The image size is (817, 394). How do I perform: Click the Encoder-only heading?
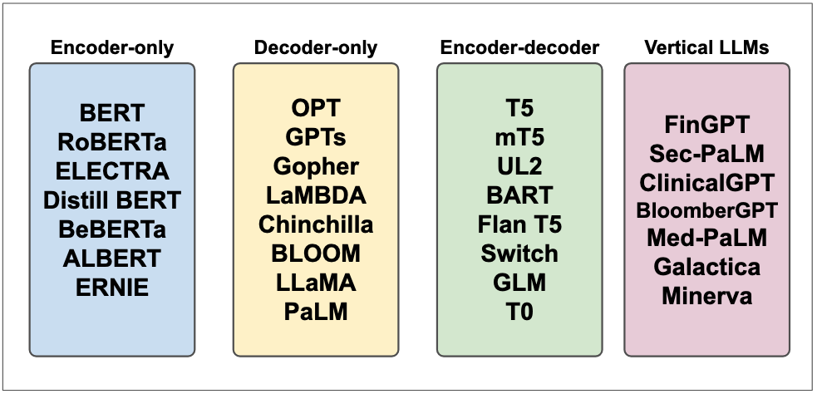[112, 47]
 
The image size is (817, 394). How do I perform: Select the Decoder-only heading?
[315, 47]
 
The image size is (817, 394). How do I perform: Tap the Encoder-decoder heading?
[519, 47]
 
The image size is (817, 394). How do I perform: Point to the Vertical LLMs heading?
[706, 47]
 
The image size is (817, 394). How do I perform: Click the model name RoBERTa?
[112, 142]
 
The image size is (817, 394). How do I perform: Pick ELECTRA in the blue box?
[112, 171]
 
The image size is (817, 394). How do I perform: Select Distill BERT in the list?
[112, 200]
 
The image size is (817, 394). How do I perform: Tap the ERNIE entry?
[112, 288]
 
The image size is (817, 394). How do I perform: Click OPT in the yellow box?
[316, 108]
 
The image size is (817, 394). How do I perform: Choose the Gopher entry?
[316, 166]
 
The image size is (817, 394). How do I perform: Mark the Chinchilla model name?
[316, 224]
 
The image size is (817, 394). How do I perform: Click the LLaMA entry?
[316, 283]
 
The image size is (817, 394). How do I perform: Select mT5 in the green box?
[519, 137]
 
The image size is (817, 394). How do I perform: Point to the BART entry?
[519, 195]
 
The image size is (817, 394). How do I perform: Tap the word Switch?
[519, 254]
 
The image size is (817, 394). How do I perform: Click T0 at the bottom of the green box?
[519, 312]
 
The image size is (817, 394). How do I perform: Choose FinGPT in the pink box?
[707, 125]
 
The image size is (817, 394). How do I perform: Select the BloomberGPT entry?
[707, 210]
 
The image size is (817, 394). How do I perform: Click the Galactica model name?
[707, 267]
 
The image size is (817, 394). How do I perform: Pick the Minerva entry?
[707, 295]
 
